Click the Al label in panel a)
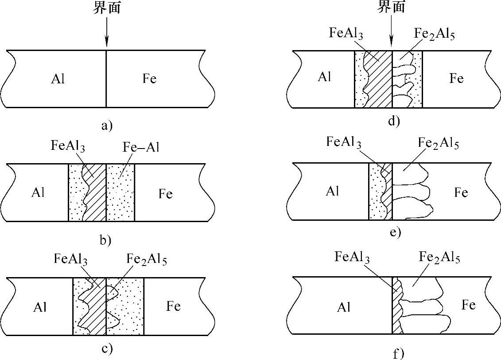(58, 79)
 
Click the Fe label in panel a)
(150, 79)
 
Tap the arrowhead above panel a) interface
(106, 43)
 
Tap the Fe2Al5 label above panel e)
(437, 143)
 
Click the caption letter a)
(107, 126)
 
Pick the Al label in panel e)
(333, 191)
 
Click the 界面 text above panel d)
(391, 7)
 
